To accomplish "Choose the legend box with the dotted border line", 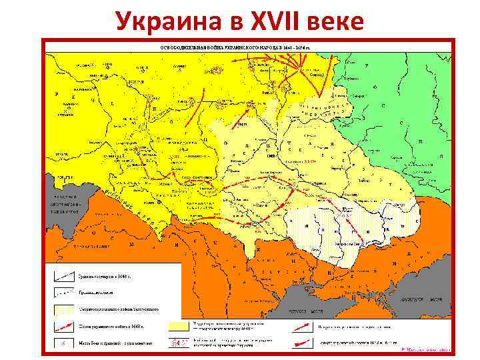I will tap(65, 292).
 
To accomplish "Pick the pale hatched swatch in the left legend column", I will tap(65, 309).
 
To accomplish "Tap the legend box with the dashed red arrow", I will tap(65, 327).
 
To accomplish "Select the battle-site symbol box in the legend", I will tap(65, 343).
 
